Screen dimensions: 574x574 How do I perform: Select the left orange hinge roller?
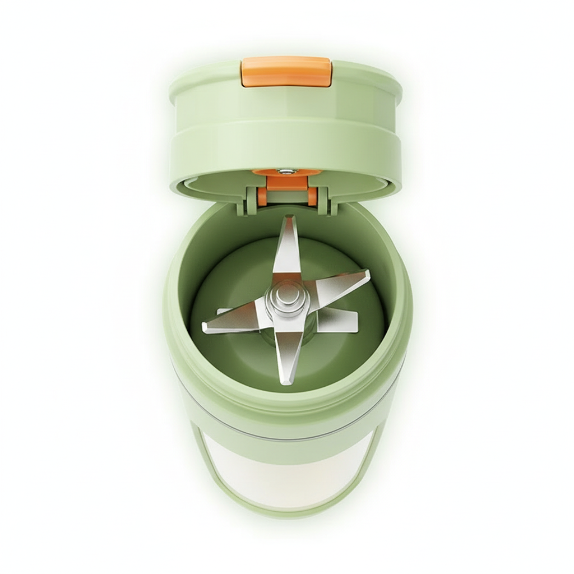(262, 196)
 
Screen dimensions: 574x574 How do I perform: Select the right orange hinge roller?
(312, 196)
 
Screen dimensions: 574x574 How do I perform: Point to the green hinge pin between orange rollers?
(287, 197)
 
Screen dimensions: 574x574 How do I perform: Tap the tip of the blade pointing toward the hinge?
(289, 220)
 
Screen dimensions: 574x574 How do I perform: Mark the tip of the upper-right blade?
(367, 274)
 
